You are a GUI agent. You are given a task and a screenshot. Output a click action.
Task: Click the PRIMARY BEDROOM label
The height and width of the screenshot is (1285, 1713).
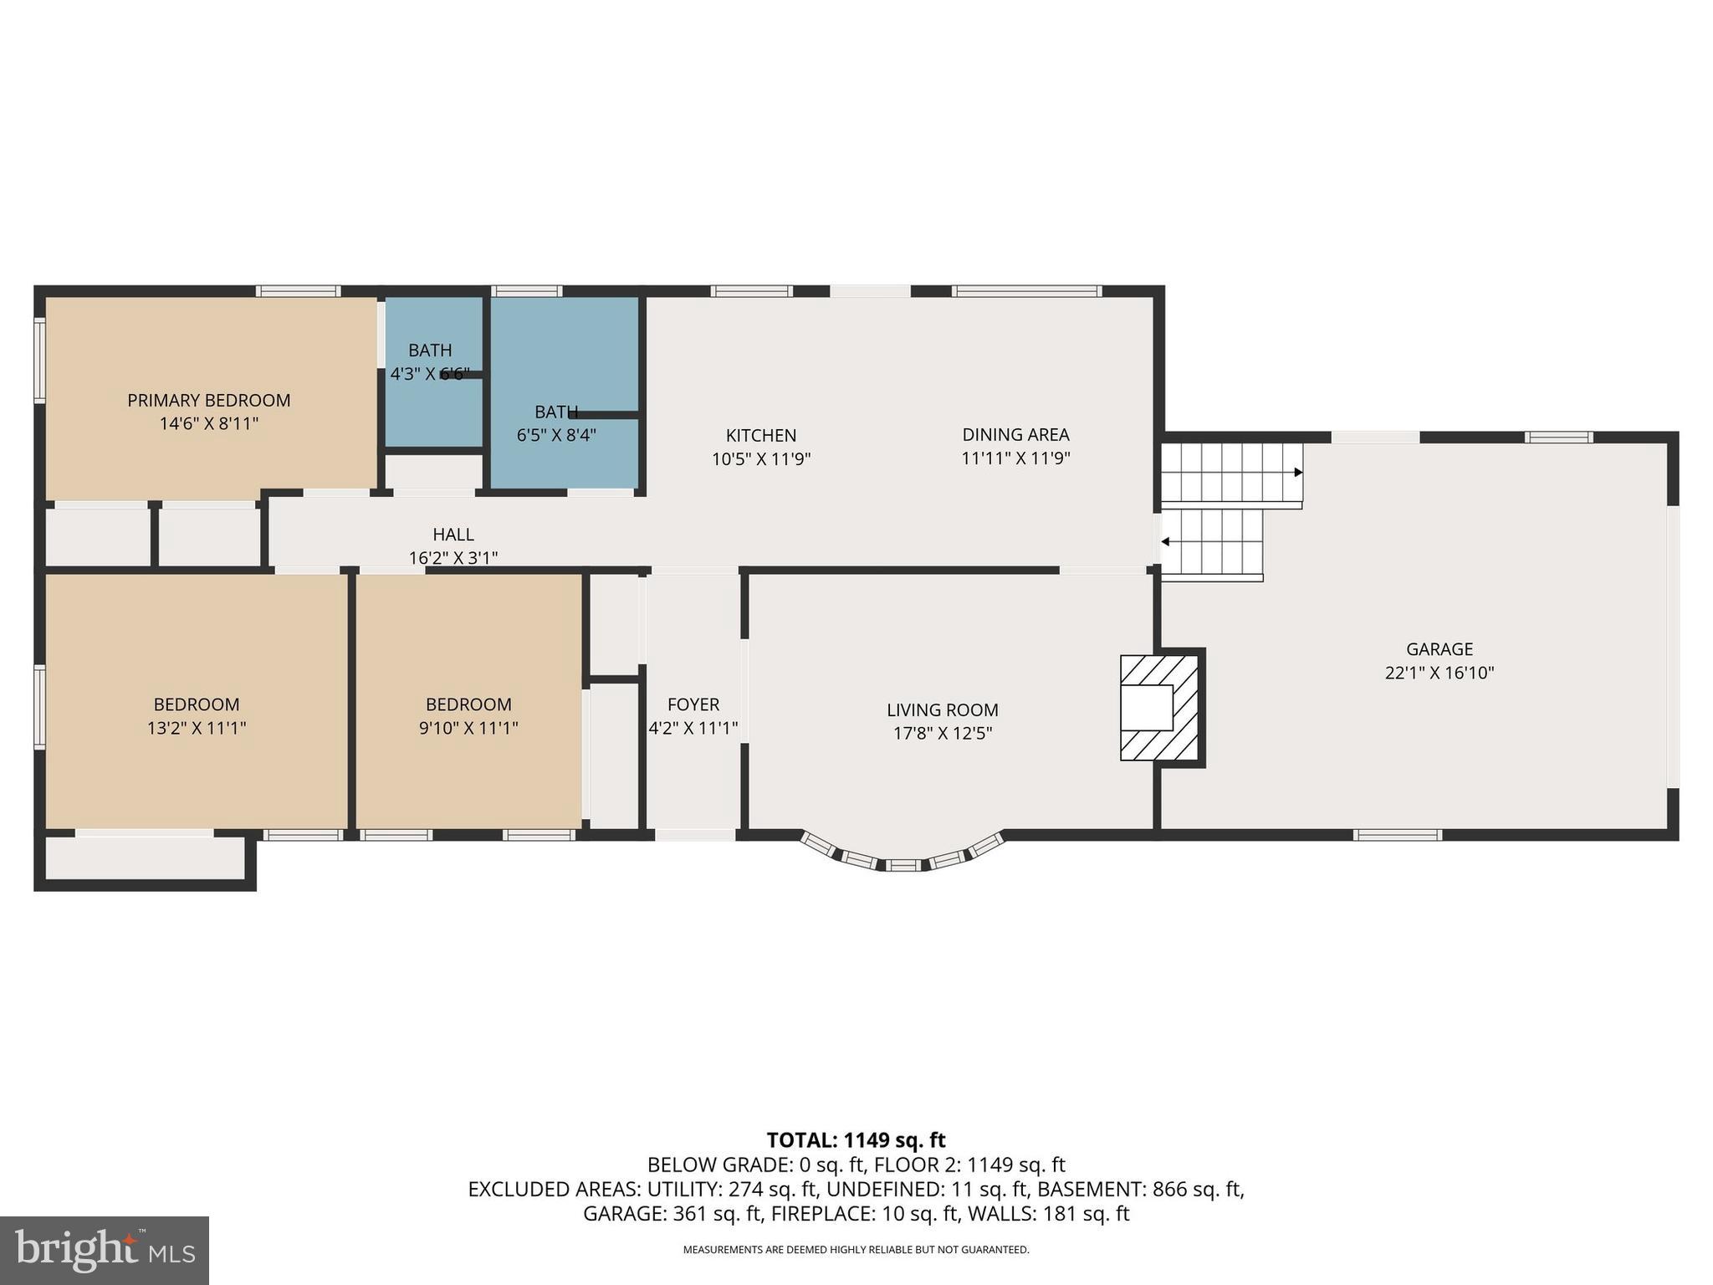[208, 401]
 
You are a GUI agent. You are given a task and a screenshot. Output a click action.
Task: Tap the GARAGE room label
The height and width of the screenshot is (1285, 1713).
[1439, 649]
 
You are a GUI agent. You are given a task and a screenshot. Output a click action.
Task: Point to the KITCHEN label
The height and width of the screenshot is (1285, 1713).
[760, 436]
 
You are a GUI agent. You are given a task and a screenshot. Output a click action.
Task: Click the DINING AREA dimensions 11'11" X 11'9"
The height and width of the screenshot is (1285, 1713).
[1015, 458]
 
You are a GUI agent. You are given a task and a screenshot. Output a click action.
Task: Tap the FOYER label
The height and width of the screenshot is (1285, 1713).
[693, 705]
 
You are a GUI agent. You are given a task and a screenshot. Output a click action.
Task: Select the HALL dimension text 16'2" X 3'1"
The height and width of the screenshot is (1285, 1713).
[453, 558]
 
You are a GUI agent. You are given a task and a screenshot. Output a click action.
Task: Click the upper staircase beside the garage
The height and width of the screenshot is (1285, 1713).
[1230, 474]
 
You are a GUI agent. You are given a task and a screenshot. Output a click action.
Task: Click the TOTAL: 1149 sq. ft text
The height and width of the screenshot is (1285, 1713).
[856, 1140]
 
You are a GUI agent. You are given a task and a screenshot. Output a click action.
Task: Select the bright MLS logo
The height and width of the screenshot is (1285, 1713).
[105, 1250]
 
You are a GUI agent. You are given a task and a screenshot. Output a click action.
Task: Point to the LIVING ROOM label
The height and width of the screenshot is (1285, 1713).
[942, 710]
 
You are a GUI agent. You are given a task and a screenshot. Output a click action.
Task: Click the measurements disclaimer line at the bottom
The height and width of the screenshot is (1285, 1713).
[856, 1250]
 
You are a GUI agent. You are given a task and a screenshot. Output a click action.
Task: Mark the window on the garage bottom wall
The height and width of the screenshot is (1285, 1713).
[1397, 835]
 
